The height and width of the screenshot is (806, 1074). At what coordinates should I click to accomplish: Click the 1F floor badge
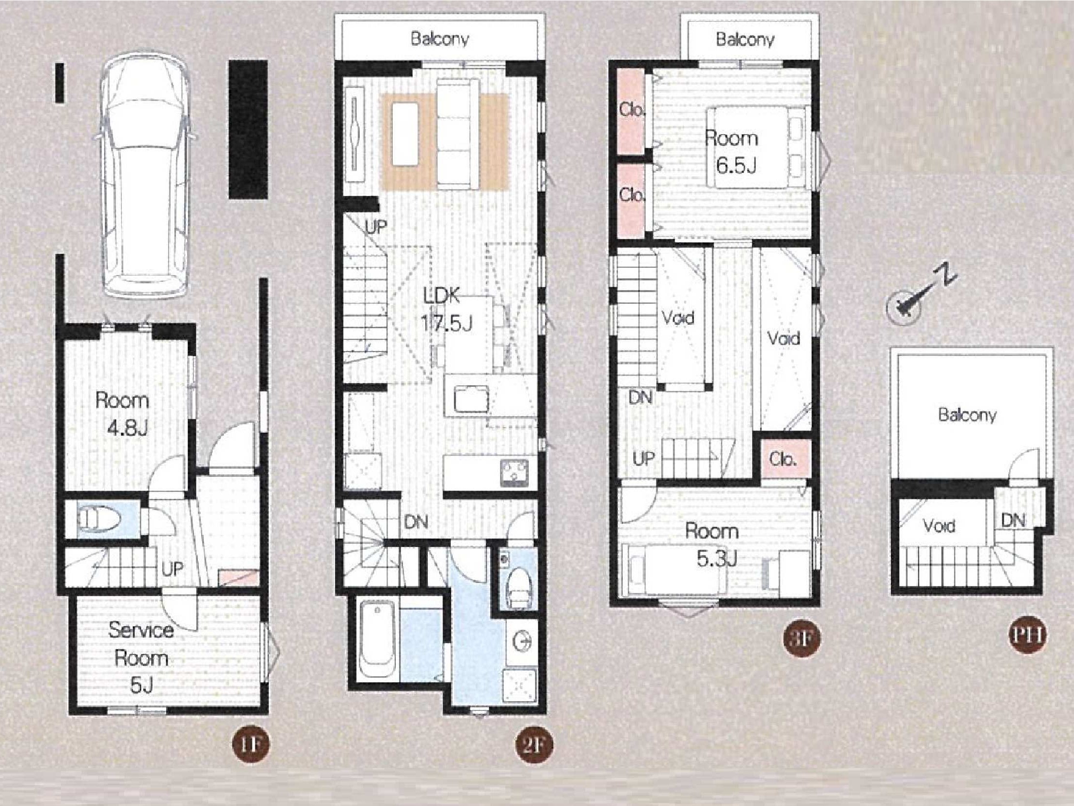pos(250,745)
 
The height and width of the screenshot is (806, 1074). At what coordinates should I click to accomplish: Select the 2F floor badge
pos(534,745)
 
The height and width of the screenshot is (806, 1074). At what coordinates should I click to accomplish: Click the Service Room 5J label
pos(141,658)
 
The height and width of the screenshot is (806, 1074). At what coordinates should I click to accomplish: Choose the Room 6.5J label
pos(731,152)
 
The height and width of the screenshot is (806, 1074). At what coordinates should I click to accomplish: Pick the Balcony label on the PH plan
pos(967,414)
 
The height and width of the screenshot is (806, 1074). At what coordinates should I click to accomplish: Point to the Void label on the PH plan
pos(939,526)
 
